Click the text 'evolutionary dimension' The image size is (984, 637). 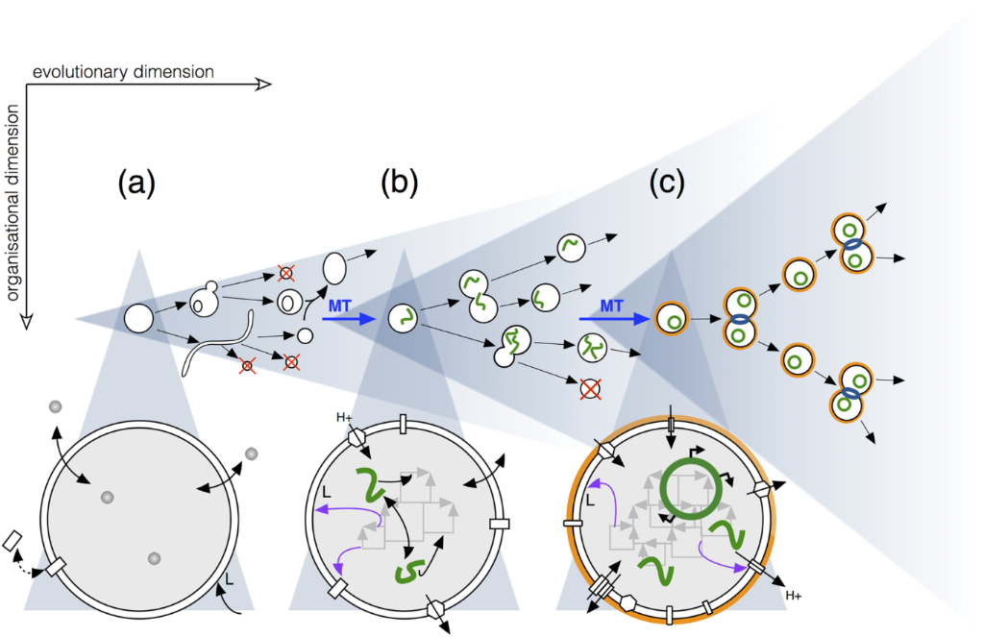[x=123, y=72]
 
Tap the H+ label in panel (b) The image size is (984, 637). [x=344, y=418]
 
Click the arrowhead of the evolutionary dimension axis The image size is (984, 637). [x=263, y=85]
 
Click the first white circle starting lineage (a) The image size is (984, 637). [x=138, y=318]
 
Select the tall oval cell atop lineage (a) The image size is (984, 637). [x=333, y=266]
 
